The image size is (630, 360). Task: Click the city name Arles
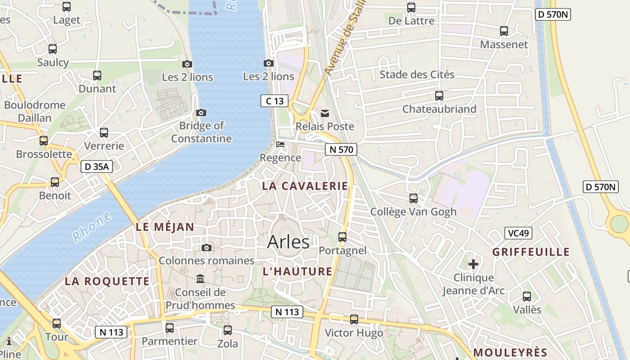[288, 242]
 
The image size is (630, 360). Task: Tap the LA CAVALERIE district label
[305, 186]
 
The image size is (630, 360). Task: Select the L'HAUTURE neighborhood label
[297, 271]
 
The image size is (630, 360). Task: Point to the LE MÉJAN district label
[165, 227]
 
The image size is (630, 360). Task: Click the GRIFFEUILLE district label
[531, 252]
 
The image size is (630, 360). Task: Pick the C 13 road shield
[274, 101]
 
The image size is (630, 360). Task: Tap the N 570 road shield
[341, 149]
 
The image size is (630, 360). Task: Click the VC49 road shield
[518, 233]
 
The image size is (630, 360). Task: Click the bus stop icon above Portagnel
[342, 237]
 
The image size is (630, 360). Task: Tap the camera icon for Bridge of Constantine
[201, 112]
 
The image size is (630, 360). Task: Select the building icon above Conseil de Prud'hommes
[200, 279]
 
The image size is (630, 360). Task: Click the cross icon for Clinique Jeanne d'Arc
[473, 264]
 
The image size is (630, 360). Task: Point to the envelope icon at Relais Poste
[324, 113]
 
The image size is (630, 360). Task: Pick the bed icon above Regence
[280, 144]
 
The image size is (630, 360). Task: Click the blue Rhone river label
[92, 227]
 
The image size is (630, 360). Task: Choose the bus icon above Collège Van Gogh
[413, 198]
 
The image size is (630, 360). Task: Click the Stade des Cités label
[417, 74]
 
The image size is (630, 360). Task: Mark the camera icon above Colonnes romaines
[207, 247]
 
